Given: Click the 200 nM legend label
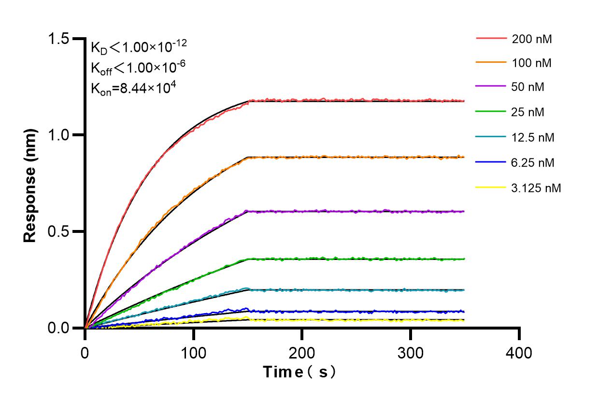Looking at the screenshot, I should coord(532,39).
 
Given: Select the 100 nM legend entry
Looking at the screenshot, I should coord(532,63).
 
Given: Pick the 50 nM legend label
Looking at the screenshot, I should coord(528,88).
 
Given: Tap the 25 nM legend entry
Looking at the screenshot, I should coord(528,113).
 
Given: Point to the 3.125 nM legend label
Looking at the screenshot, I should coord(536,188).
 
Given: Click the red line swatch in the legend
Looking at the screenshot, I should coord(491,38).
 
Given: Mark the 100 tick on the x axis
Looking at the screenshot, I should coord(194,353).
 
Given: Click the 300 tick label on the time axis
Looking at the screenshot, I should coord(411,353).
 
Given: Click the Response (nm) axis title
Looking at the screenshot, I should coord(30,186).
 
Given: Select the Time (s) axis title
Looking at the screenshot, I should coord(299,372).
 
